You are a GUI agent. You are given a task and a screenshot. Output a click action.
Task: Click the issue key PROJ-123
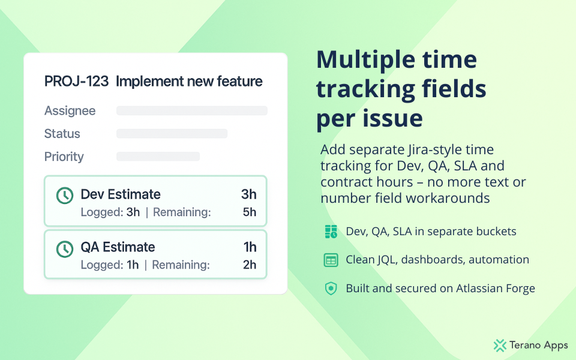(76, 81)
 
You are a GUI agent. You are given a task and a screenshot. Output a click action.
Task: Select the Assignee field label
(70, 111)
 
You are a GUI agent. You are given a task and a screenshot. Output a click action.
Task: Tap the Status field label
(62, 134)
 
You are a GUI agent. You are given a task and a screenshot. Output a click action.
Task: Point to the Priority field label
(64, 157)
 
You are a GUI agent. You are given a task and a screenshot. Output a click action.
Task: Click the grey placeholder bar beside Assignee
(192, 110)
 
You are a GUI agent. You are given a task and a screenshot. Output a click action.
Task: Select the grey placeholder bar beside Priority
(158, 157)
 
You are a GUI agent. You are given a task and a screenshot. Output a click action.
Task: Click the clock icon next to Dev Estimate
(65, 196)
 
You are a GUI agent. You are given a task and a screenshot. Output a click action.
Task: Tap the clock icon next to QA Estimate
(65, 249)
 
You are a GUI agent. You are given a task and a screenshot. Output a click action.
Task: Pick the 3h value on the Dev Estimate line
(248, 194)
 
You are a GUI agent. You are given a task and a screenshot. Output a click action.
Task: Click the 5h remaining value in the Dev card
(250, 212)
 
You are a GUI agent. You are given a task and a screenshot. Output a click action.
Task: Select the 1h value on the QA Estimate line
(250, 247)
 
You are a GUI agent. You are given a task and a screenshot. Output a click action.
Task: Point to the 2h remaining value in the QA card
(250, 265)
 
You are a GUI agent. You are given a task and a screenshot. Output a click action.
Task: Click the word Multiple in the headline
(366, 60)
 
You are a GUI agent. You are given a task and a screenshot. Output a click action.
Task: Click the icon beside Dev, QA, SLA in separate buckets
(331, 232)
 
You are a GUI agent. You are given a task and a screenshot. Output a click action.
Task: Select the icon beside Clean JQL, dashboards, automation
(331, 260)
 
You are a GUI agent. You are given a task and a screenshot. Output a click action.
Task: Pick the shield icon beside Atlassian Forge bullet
(331, 289)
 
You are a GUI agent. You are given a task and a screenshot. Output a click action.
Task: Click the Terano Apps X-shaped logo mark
(500, 346)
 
